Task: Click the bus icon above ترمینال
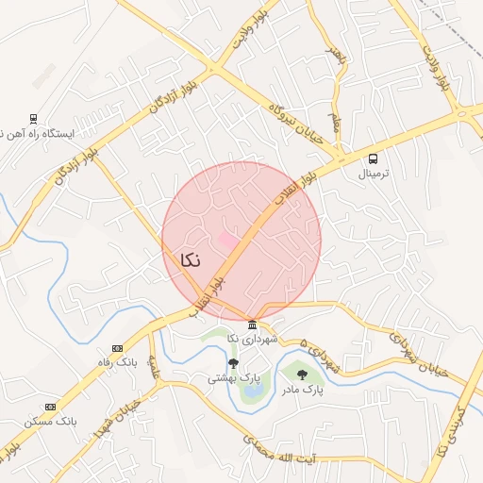point(374,158)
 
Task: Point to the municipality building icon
point(252,325)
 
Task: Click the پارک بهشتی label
point(234,377)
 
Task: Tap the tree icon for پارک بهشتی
point(233,362)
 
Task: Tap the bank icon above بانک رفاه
point(117,348)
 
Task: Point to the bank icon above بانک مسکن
point(50,407)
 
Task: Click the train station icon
point(33,118)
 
